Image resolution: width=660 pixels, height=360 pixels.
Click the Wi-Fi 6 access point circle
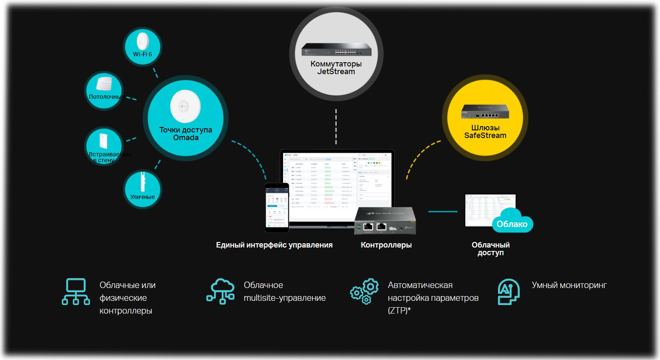[x=142, y=46]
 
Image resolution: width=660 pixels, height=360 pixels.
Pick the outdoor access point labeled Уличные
[x=142, y=189]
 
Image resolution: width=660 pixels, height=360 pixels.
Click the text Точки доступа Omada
[x=185, y=134]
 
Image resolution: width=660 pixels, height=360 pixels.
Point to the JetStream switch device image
[x=336, y=49]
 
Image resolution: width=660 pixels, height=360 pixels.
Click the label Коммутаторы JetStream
[x=336, y=68]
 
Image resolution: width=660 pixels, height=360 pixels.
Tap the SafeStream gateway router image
[x=485, y=112]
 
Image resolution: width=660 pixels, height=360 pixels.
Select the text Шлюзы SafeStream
[x=485, y=132]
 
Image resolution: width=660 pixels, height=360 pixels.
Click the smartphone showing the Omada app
[x=277, y=207]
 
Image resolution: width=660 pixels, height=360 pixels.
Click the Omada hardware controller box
[x=385, y=221]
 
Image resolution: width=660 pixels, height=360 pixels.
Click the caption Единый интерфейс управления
[x=274, y=245]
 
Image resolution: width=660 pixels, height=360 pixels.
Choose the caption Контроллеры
[x=386, y=245]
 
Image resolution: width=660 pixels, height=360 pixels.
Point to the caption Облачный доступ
[x=490, y=249]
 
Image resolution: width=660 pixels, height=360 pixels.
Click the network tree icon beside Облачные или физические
[x=76, y=291]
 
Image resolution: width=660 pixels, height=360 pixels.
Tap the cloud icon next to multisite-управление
[x=220, y=291]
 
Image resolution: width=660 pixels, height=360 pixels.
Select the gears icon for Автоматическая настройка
[x=365, y=291]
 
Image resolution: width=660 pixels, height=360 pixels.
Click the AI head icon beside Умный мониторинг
[x=508, y=291]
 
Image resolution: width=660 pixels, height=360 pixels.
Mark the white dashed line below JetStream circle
[x=336, y=127]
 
